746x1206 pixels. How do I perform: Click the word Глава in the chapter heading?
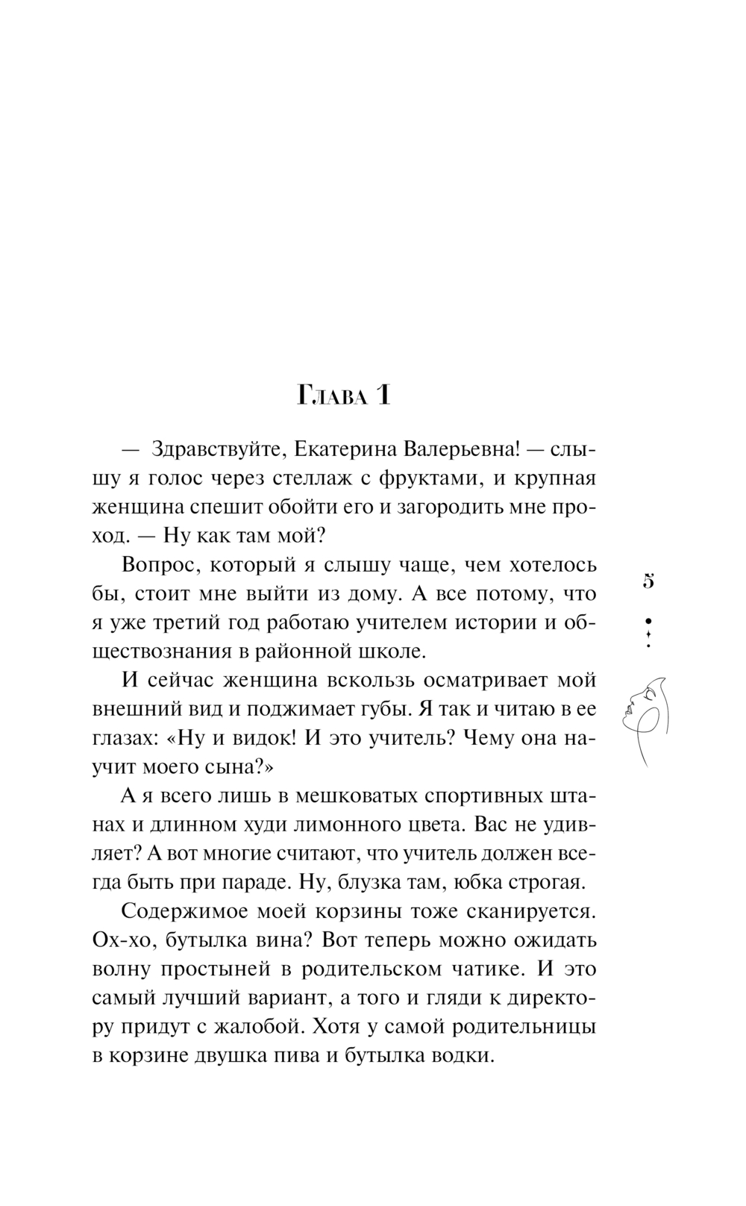click(332, 396)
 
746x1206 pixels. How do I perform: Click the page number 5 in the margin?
click(648, 581)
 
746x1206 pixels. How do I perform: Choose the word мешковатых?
click(371, 796)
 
